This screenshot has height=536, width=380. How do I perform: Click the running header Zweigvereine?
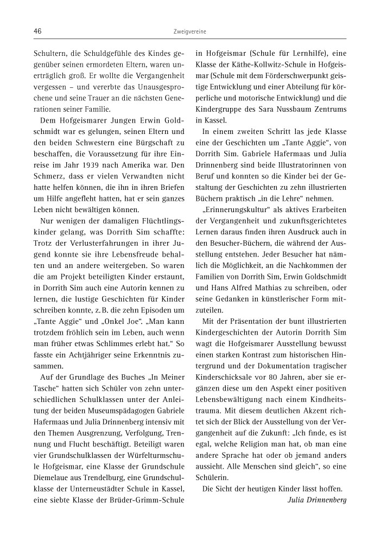pyautogui.click(x=190, y=32)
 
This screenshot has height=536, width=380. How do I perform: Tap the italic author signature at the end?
pyautogui.click(x=317, y=500)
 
